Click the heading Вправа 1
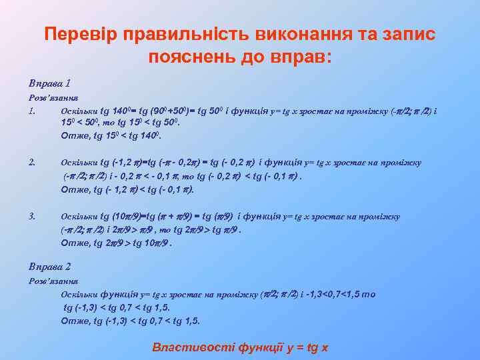coord(49,84)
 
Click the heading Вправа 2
coord(49,266)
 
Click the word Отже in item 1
coord(74,135)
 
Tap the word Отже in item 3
coord(74,243)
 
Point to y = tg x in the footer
coord(303,347)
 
